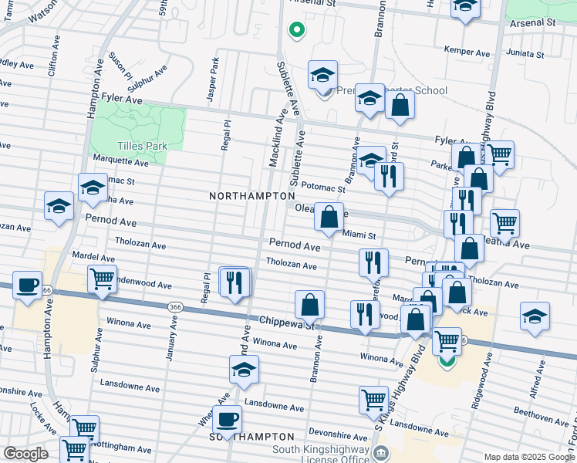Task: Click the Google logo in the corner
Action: [25, 454]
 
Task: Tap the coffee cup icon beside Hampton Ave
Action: [28, 286]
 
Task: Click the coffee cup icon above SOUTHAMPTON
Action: [227, 420]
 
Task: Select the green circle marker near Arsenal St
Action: [295, 31]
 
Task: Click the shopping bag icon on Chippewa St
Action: [309, 304]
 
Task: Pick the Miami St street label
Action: [359, 235]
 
